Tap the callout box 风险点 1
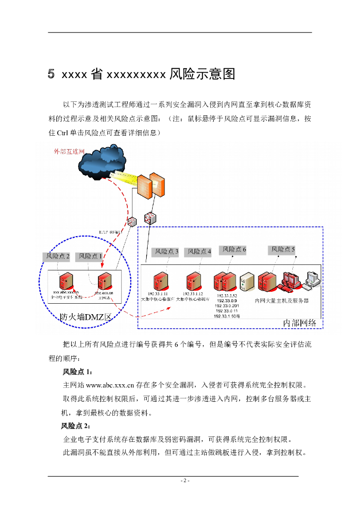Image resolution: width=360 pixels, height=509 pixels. pyautogui.click(x=90, y=256)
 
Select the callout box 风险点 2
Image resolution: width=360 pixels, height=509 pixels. pyautogui.click(x=58, y=256)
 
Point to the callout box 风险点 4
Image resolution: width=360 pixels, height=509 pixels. pyautogui.click(x=199, y=252)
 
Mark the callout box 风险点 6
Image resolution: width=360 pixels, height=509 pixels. pyautogui.click(x=234, y=249)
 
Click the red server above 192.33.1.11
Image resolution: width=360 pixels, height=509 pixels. pyautogui.click(x=161, y=281)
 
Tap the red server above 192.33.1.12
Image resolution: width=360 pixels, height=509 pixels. pyautogui.click(x=193, y=281)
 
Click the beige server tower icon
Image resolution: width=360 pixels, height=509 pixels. pyautogui.click(x=247, y=282)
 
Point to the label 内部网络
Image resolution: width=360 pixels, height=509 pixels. pyautogui.click(x=299, y=323)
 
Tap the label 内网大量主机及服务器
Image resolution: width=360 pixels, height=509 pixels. pyautogui.click(x=282, y=300)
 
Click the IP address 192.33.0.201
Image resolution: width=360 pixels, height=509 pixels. pyautogui.click(x=228, y=306)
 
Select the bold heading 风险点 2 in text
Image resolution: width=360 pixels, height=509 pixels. pyautogui.click(x=75, y=426)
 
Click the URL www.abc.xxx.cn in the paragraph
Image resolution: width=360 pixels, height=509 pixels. pyautogui.click(x=110, y=385)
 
